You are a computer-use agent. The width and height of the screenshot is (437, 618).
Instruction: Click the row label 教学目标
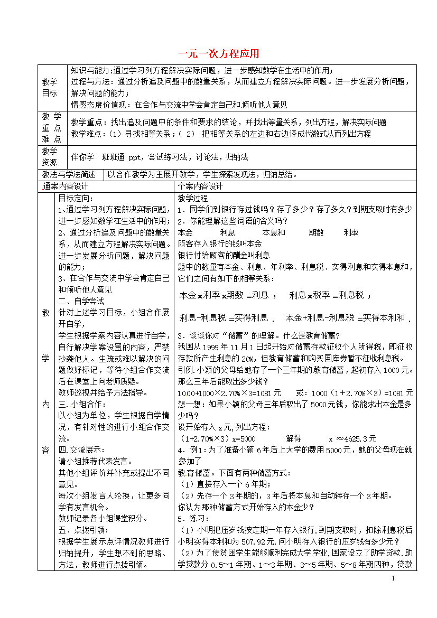tap(49, 87)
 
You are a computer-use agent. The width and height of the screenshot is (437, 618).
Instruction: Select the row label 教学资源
tap(49, 156)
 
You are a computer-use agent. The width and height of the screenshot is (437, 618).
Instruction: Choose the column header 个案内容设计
tap(201, 186)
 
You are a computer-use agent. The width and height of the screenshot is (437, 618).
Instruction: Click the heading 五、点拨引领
tap(82, 530)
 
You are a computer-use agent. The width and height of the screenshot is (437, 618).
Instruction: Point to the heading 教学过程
tap(193, 199)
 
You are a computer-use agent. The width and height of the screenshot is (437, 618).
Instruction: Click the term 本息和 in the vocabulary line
tap(274, 232)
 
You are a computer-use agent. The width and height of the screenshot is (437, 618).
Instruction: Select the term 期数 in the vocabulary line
tap(316, 232)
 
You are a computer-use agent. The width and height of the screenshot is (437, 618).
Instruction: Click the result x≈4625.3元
tap(352, 438)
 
